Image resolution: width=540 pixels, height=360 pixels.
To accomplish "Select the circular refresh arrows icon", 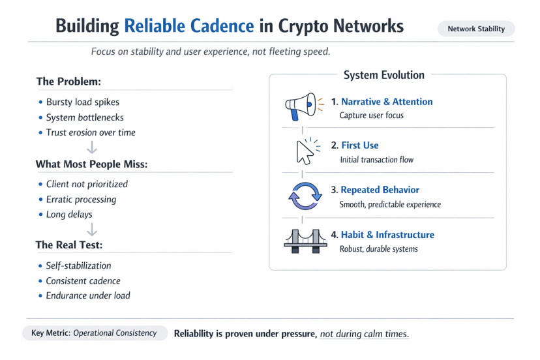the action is tap(305, 196).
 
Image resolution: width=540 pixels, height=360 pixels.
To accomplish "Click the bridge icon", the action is tap(305, 241).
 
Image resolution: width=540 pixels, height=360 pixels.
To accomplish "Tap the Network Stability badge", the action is tap(476, 29).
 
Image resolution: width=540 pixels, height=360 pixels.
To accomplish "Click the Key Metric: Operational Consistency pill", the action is tap(95, 333).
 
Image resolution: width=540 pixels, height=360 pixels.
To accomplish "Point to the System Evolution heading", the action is tap(384, 75).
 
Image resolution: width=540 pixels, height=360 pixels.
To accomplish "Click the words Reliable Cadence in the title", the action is tap(189, 26).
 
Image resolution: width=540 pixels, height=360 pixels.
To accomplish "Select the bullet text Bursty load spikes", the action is tap(83, 102).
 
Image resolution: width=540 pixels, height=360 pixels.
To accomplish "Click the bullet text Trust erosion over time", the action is tap(91, 132).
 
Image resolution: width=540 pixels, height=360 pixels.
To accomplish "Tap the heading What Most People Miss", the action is tap(91, 164).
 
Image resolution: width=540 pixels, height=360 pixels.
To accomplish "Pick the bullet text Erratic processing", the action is tap(82, 200).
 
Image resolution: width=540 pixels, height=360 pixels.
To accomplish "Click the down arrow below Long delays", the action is tap(91, 230).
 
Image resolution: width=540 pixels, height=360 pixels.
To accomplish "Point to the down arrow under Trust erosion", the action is tap(91, 147).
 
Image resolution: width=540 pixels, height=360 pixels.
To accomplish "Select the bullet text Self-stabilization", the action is tap(78, 265).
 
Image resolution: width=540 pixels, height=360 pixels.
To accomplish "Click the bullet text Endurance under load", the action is tap(88, 295).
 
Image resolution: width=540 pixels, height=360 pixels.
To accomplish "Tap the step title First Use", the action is tap(360, 145).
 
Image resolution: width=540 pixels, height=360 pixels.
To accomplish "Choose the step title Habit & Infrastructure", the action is tap(387, 235).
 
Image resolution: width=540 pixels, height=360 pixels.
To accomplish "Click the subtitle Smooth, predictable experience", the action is tap(390, 205).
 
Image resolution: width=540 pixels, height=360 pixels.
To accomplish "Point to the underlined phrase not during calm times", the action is tap(365, 334).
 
